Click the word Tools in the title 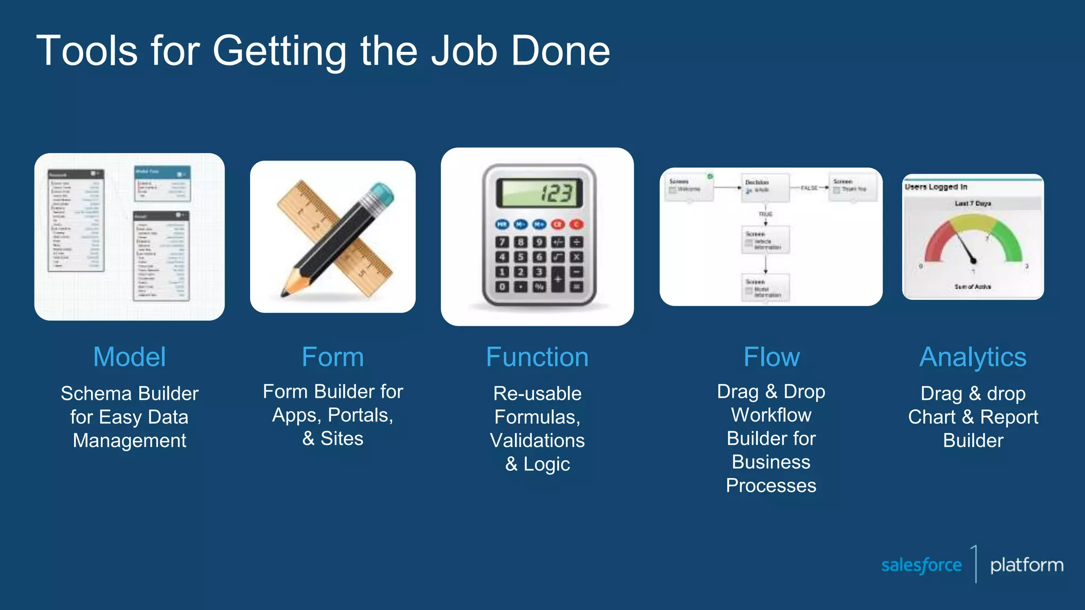click(87, 51)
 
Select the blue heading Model click(129, 357)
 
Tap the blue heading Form click(333, 357)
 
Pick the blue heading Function click(537, 357)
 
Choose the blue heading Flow click(771, 357)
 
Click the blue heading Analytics click(973, 357)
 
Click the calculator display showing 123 click(539, 193)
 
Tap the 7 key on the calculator click(502, 242)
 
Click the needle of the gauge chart click(965, 246)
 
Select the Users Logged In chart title click(936, 187)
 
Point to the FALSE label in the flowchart click(809, 188)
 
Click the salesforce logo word click(921, 565)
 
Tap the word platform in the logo click(1027, 565)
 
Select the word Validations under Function click(537, 441)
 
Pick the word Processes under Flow click(771, 486)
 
